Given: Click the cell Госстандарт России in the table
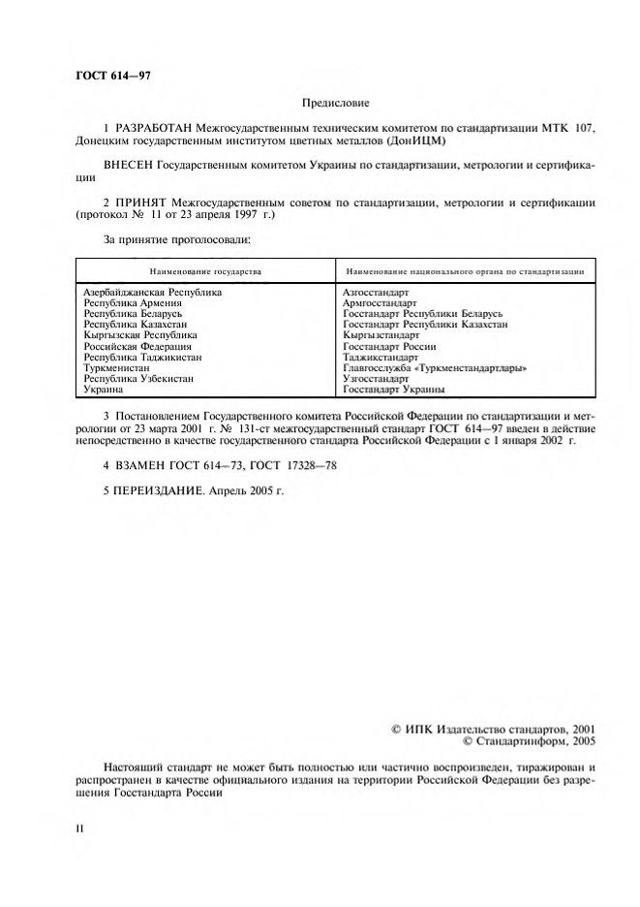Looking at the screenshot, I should point(389,346).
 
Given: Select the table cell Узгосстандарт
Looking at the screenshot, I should point(376,379).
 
